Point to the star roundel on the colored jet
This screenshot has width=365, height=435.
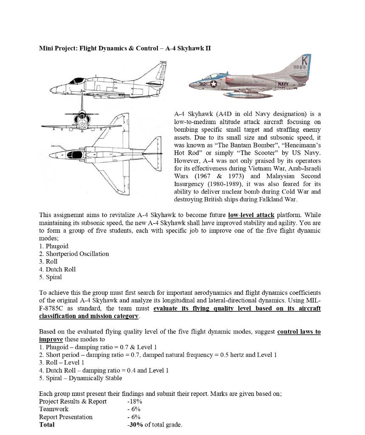213,84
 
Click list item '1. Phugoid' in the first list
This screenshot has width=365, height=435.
53,246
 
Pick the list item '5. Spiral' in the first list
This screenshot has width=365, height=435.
50,277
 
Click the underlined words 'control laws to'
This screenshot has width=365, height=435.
299,332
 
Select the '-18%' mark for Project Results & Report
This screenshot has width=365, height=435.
134,401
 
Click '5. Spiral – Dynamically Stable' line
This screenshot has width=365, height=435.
80,378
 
